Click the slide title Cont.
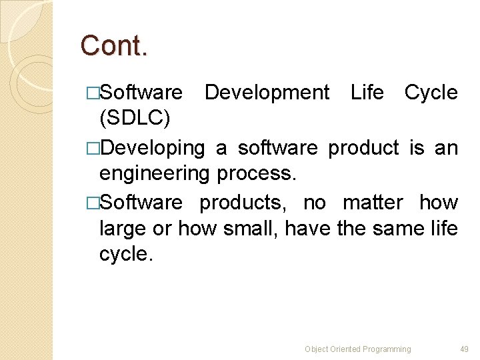point(114,46)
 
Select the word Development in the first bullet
point(267,92)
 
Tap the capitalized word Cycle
point(431,92)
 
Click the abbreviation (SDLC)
point(135,118)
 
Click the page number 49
point(464,349)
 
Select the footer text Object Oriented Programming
point(358,349)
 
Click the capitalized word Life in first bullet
point(367,92)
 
